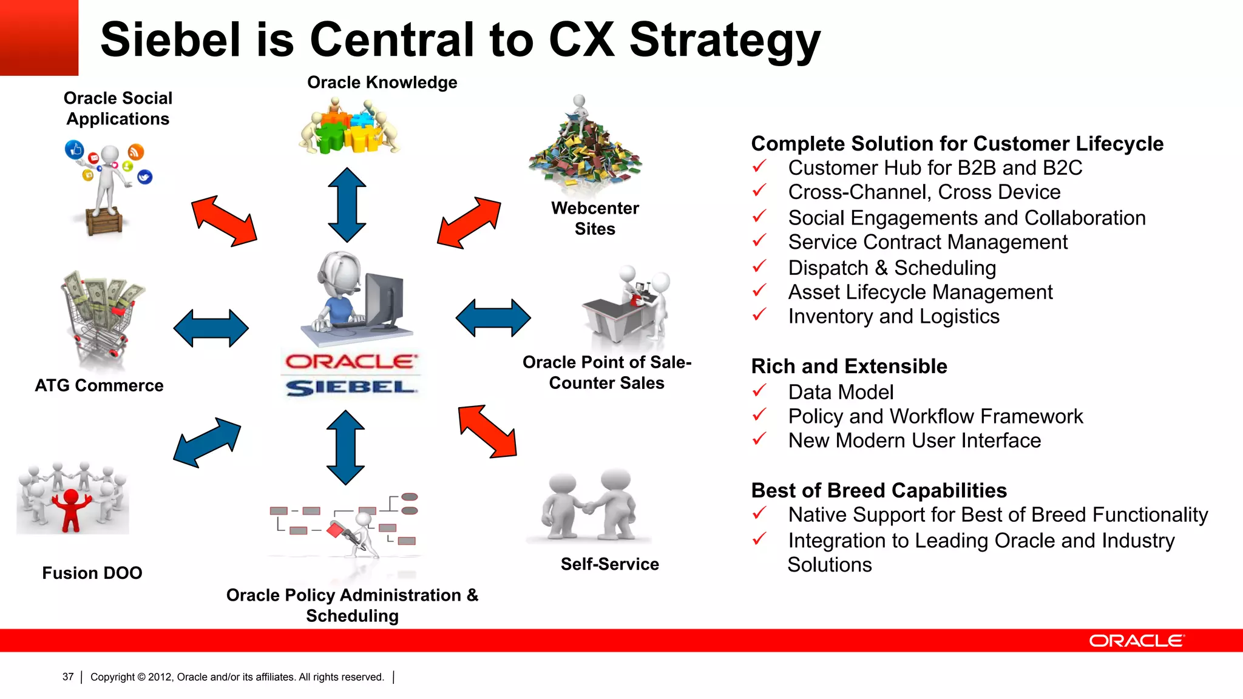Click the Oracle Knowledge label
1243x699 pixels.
pyautogui.click(x=382, y=83)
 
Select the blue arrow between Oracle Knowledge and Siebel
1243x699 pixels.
pyautogui.click(x=347, y=205)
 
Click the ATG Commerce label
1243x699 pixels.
pyautogui.click(x=99, y=385)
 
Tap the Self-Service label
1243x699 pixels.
pyautogui.click(x=609, y=564)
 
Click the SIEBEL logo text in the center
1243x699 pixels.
pyautogui.click(x=351, y=387)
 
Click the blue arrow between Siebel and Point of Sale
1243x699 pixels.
pyautogui.click(x=493, y=317)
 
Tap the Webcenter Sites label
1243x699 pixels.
pyautogui.click(x=595, y=218)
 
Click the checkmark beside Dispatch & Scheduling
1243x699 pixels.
pyautogui.click(x=759, y=266)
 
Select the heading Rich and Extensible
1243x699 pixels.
pyautogui.click(x=848, y=366)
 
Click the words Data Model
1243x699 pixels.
pyautogui.click(x=841, y=393)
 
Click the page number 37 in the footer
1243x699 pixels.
pyautogui.click(x=68, y=677)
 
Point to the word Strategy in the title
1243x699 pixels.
pyautogui.click(x=725, y=40)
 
